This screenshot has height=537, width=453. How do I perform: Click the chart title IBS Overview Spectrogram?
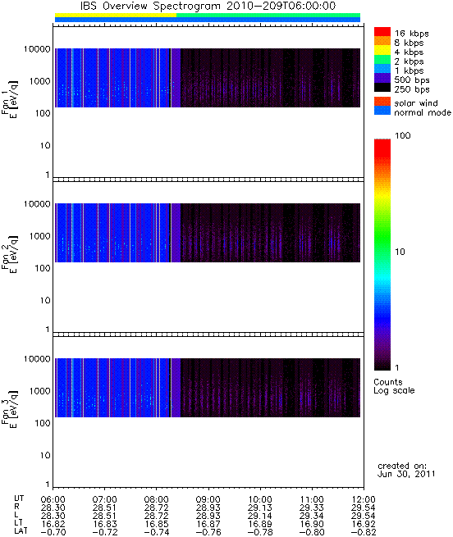point(150,7)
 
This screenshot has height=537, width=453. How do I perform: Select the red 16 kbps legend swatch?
point(382,31)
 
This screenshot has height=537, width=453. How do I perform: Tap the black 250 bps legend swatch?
point(382,88)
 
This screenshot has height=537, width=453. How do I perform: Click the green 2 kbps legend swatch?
point(382,59)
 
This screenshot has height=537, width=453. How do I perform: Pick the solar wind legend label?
point(416,103)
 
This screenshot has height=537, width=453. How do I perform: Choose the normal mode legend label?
point(423,112)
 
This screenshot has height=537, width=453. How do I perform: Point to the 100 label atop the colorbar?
point(403,135)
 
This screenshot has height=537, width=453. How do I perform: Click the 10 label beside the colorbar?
point(400,252)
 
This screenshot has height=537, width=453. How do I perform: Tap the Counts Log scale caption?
point(394,386)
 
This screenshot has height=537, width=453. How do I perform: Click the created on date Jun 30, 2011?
point(406,474)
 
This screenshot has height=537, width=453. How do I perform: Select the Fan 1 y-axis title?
point(9,98)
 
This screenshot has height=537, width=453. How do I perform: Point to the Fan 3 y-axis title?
point(9,408)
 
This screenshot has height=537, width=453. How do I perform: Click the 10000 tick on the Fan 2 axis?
point(37,204)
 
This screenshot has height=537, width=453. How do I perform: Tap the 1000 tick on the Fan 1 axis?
point(39,81)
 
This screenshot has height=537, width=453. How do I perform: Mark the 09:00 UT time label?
point(208,499)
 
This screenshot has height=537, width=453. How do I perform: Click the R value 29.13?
point(260,507)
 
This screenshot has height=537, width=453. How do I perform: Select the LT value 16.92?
point(364,524)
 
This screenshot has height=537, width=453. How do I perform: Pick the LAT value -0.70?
point(53,532)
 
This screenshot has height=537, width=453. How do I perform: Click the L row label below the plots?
point(16,516)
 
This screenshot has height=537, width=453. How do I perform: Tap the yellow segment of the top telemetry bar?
point(116,15)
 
